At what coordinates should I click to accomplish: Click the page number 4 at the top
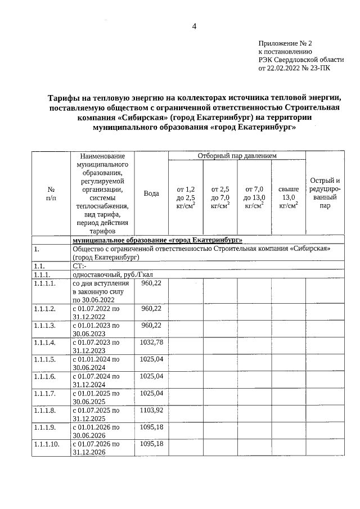(194, 26)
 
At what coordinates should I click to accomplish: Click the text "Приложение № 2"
(285, 43)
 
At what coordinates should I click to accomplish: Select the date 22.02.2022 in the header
(281, 69)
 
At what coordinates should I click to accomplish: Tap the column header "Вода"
(151, 193)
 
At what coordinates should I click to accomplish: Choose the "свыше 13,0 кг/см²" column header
(288, 197)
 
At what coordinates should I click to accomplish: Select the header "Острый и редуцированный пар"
(325, 193)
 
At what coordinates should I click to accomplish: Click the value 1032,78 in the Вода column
(151, 342)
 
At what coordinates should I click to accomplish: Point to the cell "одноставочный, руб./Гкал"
(113, 274)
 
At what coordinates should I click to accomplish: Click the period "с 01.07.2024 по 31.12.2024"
(96, 380)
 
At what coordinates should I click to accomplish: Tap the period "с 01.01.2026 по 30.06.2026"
(96, 431)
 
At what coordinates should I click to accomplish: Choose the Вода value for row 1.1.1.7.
(151, 393)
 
